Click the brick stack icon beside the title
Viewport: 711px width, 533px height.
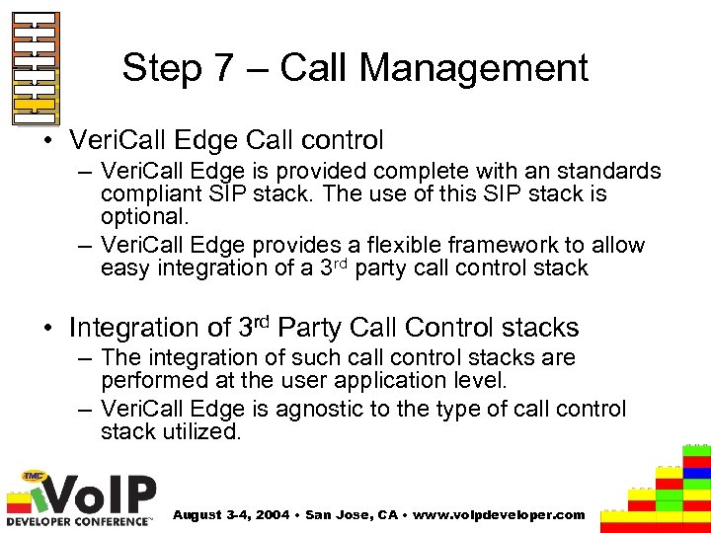36,68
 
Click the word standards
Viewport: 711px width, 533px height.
608,172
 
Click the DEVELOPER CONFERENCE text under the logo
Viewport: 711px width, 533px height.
79,519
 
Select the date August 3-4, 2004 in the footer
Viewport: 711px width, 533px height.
233,515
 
